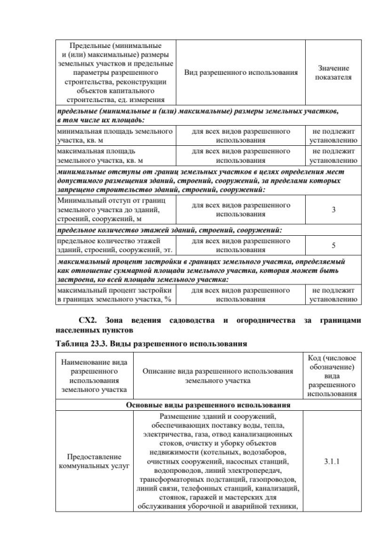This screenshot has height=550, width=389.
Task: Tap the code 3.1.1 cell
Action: pyautogui.click(x=332, y=460)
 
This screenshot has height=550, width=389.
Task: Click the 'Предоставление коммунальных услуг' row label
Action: pyautogui.click(x=94, y=461)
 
